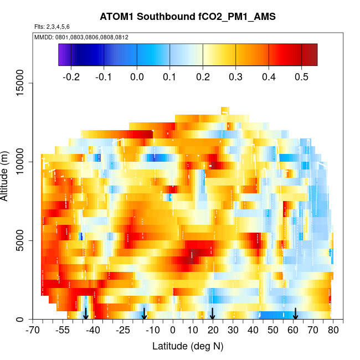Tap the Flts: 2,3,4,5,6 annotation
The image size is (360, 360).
tap(52, 27)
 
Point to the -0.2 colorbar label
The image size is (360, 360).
tap(71, 76)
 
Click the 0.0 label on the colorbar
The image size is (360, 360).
tap(137, 76)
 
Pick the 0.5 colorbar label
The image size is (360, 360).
tap(301, 76)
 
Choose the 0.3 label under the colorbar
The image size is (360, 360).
tap(236, 76)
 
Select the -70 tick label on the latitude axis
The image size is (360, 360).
tap(33, 331)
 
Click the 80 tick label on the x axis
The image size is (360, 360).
tap(333, 331)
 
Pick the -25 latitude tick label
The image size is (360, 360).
tap(123, 331)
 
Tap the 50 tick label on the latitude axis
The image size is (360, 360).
tap(273, 331)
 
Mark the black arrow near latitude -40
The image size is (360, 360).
tap(86, 313)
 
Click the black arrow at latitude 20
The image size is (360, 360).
tap(213, 313)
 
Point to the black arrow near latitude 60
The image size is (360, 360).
tap(296, 313)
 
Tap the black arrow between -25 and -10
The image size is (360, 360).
tap(144, 313)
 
